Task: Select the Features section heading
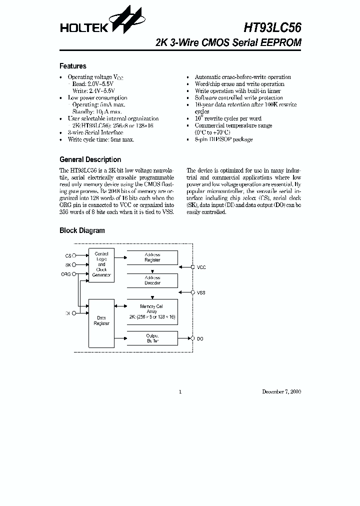click(x=73, y=66)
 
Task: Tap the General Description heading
click(x=90, y=159)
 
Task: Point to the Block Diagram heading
click(x=82, y=230)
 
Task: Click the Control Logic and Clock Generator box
click(x=101, y=264)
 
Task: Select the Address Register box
click(x=152, y=257)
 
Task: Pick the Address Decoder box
click(x=152, y=280)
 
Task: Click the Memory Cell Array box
click(x=152, y=311)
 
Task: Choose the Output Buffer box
click(x=152, y=338)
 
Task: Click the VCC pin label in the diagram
click(x=201, y=267)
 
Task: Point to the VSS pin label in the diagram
click(x=201, y=292)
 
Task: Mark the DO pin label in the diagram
click(x=200, y=338)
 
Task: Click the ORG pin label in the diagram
click(x=66, y=274)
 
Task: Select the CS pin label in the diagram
click(x=68, y=255)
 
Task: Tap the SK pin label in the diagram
click(x=68, y=265)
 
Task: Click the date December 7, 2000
click(x=281, y=391)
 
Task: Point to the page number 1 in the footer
click(x=180, y=391)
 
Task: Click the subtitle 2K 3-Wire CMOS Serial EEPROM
click(x=228, y=43)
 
